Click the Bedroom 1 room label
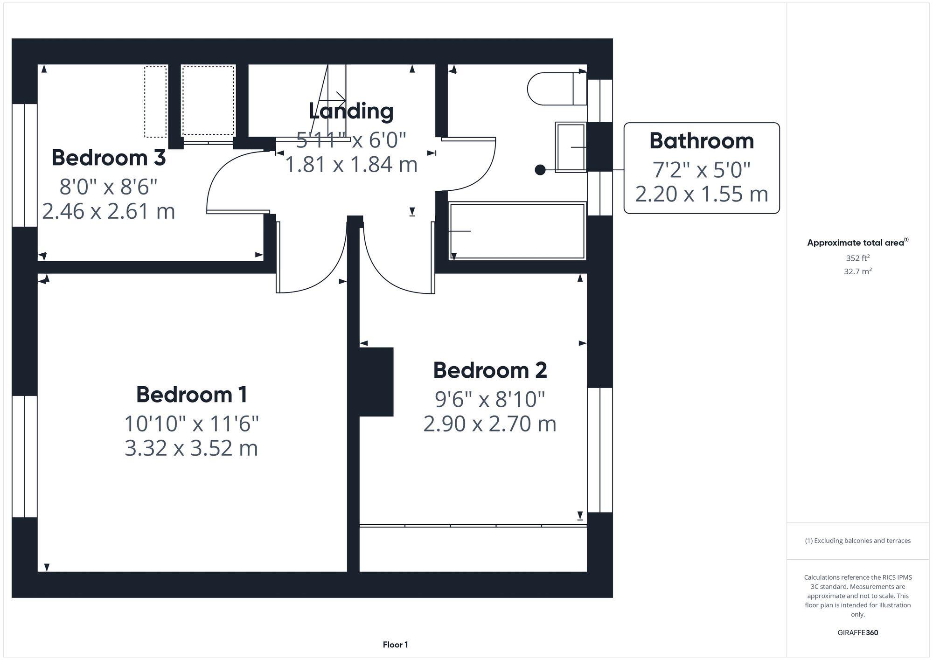[x=191, y=395]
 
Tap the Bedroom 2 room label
[x=490, y=370]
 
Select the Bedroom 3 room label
[x=108, y=158]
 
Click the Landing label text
[x=351, y=111]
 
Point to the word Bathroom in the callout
[x=702, y=141]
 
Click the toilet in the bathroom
[x=555, y=89]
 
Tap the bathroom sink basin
[x=571, y=147]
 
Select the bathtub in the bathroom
[x=517, y=230]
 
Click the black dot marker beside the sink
[x=540, y=170]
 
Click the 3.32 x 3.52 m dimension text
[x=191, y=448]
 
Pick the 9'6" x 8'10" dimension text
[x=490, y=399]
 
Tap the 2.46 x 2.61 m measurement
[x=108, y=211]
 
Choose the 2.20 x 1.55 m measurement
[x=702, y=194]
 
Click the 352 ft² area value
[x=857, y=258]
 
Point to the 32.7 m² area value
[x=857, y=271]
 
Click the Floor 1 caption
[x=395, y=645]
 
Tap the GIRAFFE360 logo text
[x=857, y=632]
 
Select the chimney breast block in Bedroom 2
[x=376, y=382]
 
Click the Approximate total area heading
[x=857, y=243]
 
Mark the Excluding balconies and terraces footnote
[x=857, y=541]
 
